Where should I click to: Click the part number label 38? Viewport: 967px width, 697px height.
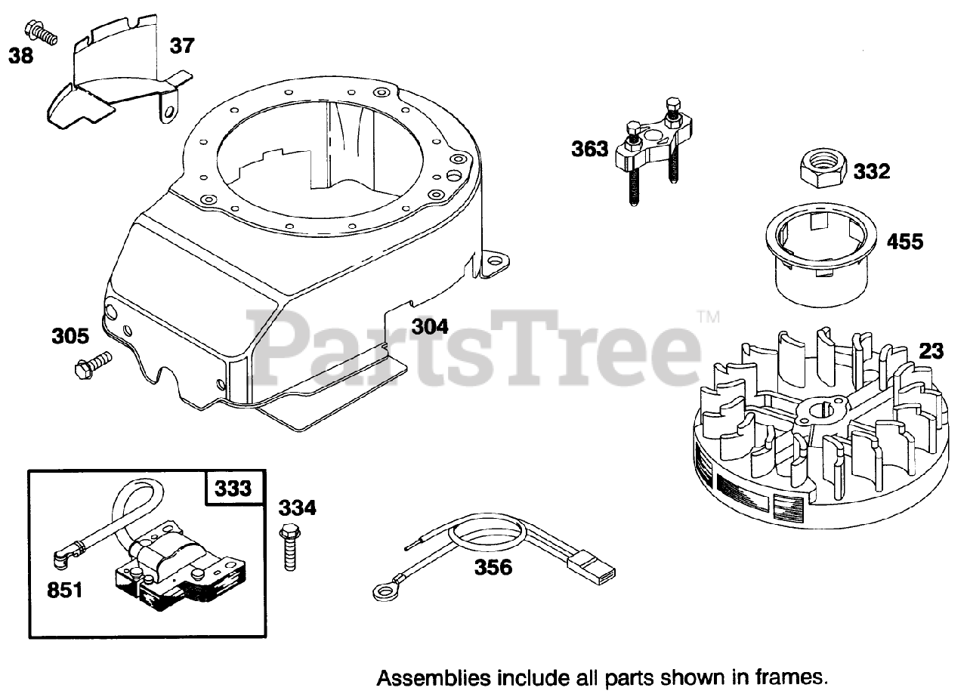[21, 55]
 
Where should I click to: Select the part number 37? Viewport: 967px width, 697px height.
[181, 46]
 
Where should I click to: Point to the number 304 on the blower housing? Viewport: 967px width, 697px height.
[429, 326]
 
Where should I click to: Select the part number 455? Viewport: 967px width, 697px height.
[904, 242]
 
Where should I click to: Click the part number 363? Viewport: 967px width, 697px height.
[589, 149]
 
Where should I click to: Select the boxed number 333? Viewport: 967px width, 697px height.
[232, 489]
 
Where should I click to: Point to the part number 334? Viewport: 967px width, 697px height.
[297, 508]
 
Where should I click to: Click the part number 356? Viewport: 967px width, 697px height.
[494, 566]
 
